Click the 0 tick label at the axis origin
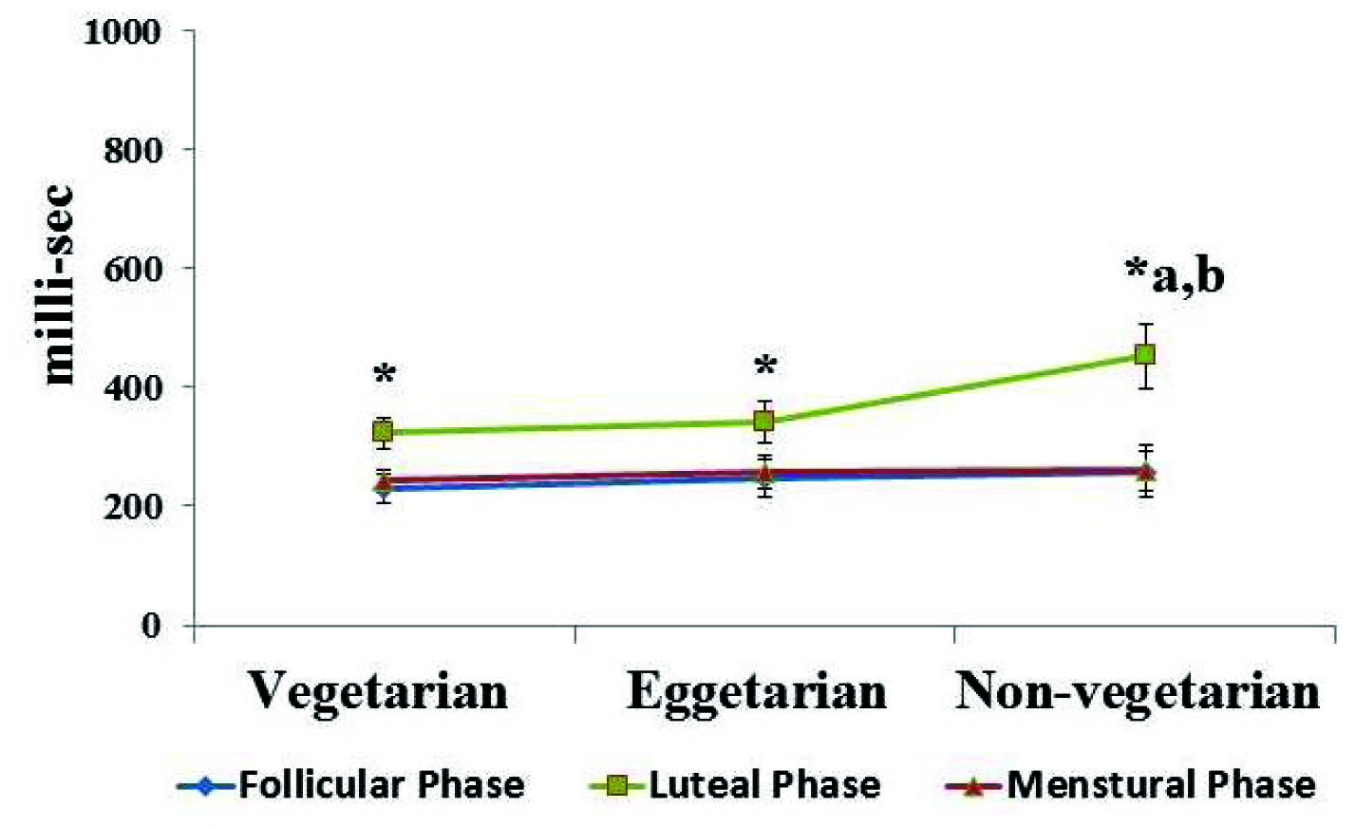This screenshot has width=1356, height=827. (x=151, y=626)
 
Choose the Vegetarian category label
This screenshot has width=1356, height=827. (x=378, y=691)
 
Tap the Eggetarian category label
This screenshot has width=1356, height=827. (x=756, y=691)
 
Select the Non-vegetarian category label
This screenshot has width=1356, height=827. (x=1138, y=691)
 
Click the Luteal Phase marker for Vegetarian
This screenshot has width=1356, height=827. (x=383, y=432)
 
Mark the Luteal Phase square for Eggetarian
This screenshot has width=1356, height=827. (x=764, y=421)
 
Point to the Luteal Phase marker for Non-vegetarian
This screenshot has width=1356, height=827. (x=1145, y=354)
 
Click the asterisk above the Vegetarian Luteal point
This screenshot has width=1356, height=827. (x=384, y=373)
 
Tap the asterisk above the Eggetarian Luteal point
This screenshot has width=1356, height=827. (x=765, y=366)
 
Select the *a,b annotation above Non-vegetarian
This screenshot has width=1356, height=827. (x=1175, y=274)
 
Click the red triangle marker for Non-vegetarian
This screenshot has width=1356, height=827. (x=1146, y=471)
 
